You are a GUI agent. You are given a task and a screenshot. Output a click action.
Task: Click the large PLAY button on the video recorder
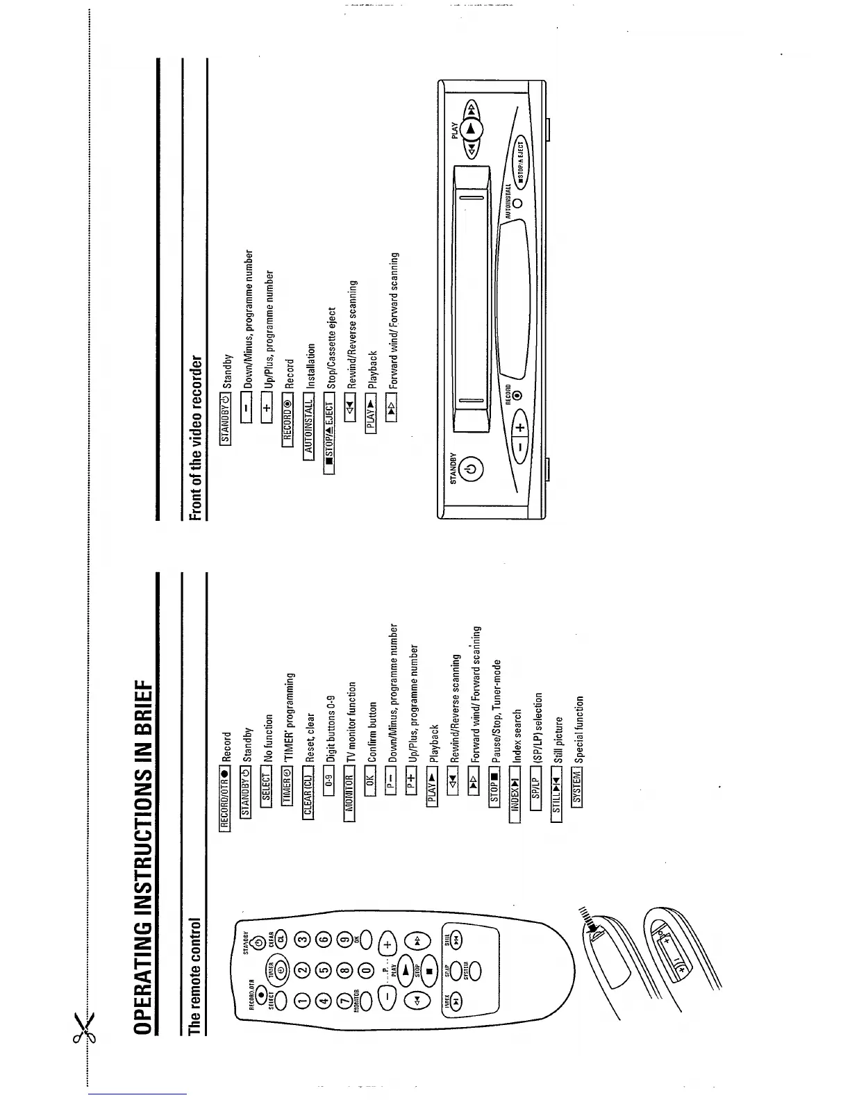[x=472, y=130]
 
